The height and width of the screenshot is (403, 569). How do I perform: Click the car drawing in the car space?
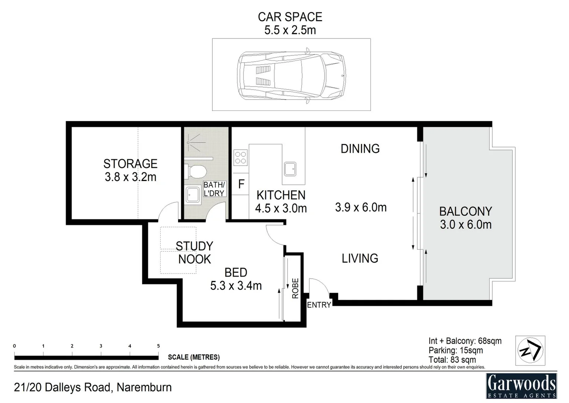pyautogui.click(x=291, y=75)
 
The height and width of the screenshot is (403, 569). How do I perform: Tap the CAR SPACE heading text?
pyautogui.click(x=290, y=17)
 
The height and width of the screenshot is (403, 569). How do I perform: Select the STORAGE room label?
pyautogui.click(x=130, y=164)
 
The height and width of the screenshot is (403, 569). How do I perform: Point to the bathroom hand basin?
pyautogui.click(x=193, y=195)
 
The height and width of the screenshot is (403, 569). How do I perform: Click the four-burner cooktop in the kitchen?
pyautogui.click(x=240, y=157)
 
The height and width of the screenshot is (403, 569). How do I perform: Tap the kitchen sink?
pyautogui.click(x=290, y=169)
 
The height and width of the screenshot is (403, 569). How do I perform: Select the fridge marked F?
pyautogui.click(x=241, y=184)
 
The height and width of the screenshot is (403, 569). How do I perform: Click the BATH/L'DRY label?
pyautogui.click(x=214, y=189)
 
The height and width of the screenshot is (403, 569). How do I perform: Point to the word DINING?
pyautogui.click(x=360, y=149)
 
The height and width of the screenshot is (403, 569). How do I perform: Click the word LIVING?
pyautogui.click(x=360, y=258)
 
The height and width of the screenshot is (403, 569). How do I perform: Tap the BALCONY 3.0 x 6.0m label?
pyautogui.click(x=465, y=218)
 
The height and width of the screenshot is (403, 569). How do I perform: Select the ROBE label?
pyautogui.click(x=295, y=288)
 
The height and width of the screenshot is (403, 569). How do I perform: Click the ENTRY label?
pyautogui.click(x=319, y=305)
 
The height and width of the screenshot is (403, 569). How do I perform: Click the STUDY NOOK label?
pyautogui.click(x=194, y=253)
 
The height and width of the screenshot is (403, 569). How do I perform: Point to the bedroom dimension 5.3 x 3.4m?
pyautogui.click(x=236, y=286)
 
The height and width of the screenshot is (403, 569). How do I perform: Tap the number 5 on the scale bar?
pyautogui.click(x=158, y=346)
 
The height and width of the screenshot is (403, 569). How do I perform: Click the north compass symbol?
pyautogui.click(x=530, y=350)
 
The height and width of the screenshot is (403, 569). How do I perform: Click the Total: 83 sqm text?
pyautogui.click(x=452, y=360)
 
